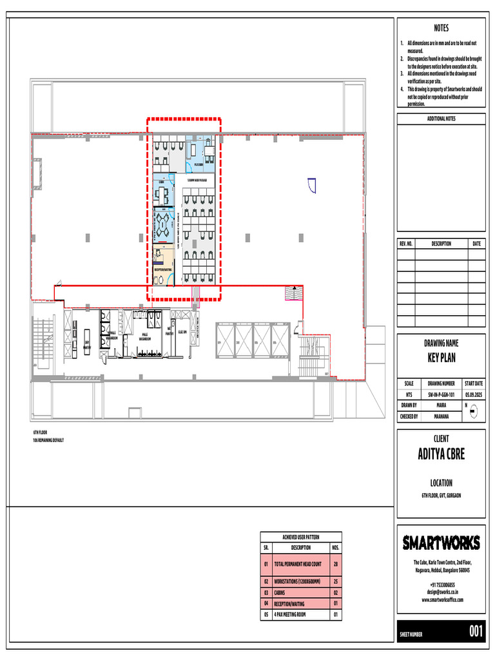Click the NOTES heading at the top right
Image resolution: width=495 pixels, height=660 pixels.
441,28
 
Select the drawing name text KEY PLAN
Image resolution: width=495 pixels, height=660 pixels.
441,358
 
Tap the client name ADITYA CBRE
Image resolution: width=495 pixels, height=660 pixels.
441,454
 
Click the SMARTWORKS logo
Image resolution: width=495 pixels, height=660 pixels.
441,543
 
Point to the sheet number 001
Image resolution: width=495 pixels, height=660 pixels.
475,632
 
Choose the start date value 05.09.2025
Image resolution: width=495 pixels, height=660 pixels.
473,394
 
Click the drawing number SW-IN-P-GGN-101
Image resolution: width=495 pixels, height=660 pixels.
441,394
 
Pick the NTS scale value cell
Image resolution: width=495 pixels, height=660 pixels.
409,394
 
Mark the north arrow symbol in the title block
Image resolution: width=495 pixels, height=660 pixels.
473,409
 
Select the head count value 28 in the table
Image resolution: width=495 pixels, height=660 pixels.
335,563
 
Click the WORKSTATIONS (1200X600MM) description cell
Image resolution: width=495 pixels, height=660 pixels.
300,581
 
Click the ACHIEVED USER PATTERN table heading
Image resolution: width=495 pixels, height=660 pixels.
301,537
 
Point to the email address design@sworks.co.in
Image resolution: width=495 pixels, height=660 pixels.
442,591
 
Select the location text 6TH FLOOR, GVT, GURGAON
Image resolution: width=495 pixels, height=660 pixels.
441,495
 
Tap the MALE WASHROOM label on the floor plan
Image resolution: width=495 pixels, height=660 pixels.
147,337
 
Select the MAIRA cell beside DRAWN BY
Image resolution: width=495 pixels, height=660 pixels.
441,405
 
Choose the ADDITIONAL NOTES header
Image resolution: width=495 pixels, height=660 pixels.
441,119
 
